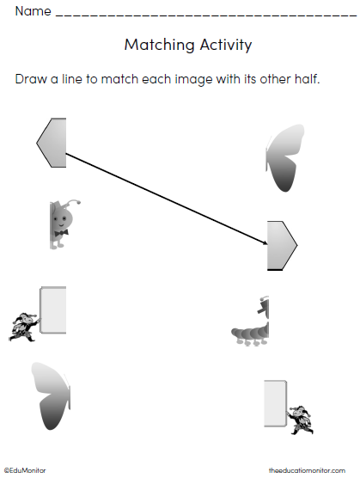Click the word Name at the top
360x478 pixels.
[x=33, y=11]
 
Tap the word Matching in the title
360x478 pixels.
[x=159, y=45]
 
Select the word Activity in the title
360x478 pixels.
[x=226, y=45]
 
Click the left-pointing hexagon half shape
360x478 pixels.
[x=52, y=143]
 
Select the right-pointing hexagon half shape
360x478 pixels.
[x=282, y=245]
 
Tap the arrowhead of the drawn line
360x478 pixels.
[x=265, y=242]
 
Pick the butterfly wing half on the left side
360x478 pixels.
[x=51, y=396]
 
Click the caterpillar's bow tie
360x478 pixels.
[x=62, y=233]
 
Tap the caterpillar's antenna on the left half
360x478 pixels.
[x=74, y=203]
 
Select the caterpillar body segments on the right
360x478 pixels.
[x=250, y=334]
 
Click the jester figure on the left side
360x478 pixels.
[x=24, y=327]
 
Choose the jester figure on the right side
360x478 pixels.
[x=300, y=420]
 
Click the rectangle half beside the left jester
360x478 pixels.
[x=53, y=310]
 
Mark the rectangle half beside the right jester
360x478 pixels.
[x=275, y=403]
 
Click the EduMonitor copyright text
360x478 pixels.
[x=25, y=470]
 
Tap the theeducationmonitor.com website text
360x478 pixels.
[x=307, y=470]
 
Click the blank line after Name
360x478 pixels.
[x=206, y=15]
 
